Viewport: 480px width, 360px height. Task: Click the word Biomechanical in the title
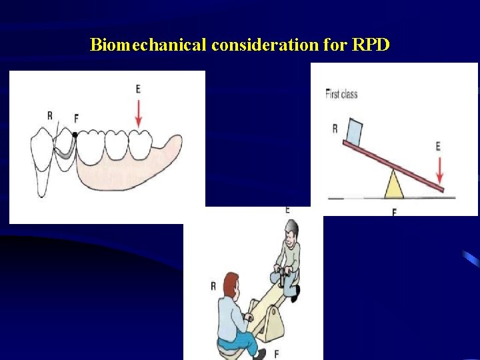point(148,45)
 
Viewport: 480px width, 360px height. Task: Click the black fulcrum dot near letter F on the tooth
point(75,135)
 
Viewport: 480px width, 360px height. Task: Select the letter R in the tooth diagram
point(50,115)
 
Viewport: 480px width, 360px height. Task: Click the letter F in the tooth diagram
point(76,118)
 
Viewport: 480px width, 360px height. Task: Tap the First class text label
point(341,94)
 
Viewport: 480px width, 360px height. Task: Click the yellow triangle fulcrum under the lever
point(394,185)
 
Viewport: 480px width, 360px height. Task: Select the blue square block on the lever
point(354,131)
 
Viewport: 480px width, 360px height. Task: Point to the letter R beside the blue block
point(335,128)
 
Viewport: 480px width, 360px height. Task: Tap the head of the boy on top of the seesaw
point(291,233)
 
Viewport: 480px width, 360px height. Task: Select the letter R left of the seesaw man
point(213,286)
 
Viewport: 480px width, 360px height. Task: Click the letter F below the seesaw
point(275,352)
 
